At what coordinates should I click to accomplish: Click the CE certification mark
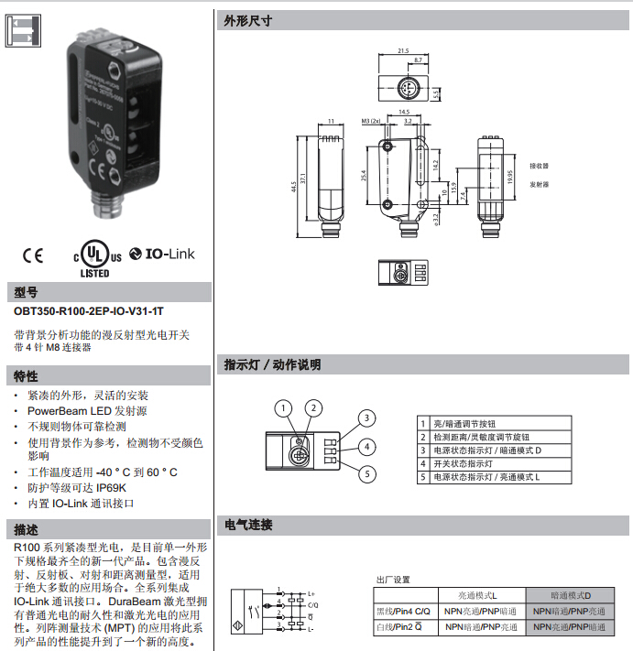[x=34, y=255]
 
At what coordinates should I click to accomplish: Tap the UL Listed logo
[x=94, y=259]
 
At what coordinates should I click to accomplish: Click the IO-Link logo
[x=163, y=254]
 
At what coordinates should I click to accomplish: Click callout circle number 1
[x=285, y=407]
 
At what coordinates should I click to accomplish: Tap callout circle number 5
[x=366, y=473]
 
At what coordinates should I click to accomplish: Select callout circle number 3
[x=366, y=418]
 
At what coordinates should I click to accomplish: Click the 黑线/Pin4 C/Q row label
[x=403, y=611]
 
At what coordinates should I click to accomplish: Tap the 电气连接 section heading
[x=248, y=525]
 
